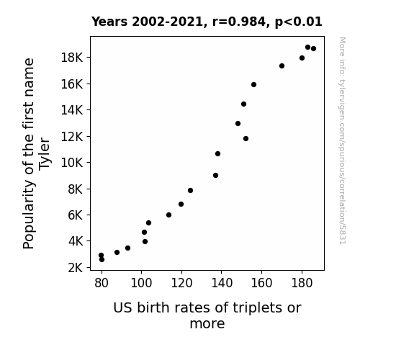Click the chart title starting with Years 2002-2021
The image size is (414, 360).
pos(207,22)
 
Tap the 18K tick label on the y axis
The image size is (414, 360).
pos(72,58)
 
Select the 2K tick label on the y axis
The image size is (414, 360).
pos(76,268)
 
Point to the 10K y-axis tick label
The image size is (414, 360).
pos(72,163)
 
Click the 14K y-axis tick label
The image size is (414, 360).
pos(72,110)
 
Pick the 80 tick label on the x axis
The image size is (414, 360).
pos(102,283)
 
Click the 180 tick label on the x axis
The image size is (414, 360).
pos(302,283)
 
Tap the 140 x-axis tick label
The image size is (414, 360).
pos(222,283)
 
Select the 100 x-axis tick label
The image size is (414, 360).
pos(141,283)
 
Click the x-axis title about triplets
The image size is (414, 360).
pos(207,315)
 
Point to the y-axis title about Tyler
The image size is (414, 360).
pos(37,153)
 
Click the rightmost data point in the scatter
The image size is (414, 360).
pos(313,48)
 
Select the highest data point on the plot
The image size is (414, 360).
pos(307,48)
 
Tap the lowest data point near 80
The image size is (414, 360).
pos(102,260)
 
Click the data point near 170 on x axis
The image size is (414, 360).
pos(282,66)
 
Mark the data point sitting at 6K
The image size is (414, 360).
pos(168,215)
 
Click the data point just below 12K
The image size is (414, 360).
pos(246,139)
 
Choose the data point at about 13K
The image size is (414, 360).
pos(238,123)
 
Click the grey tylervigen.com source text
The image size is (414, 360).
pos(342,141)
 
